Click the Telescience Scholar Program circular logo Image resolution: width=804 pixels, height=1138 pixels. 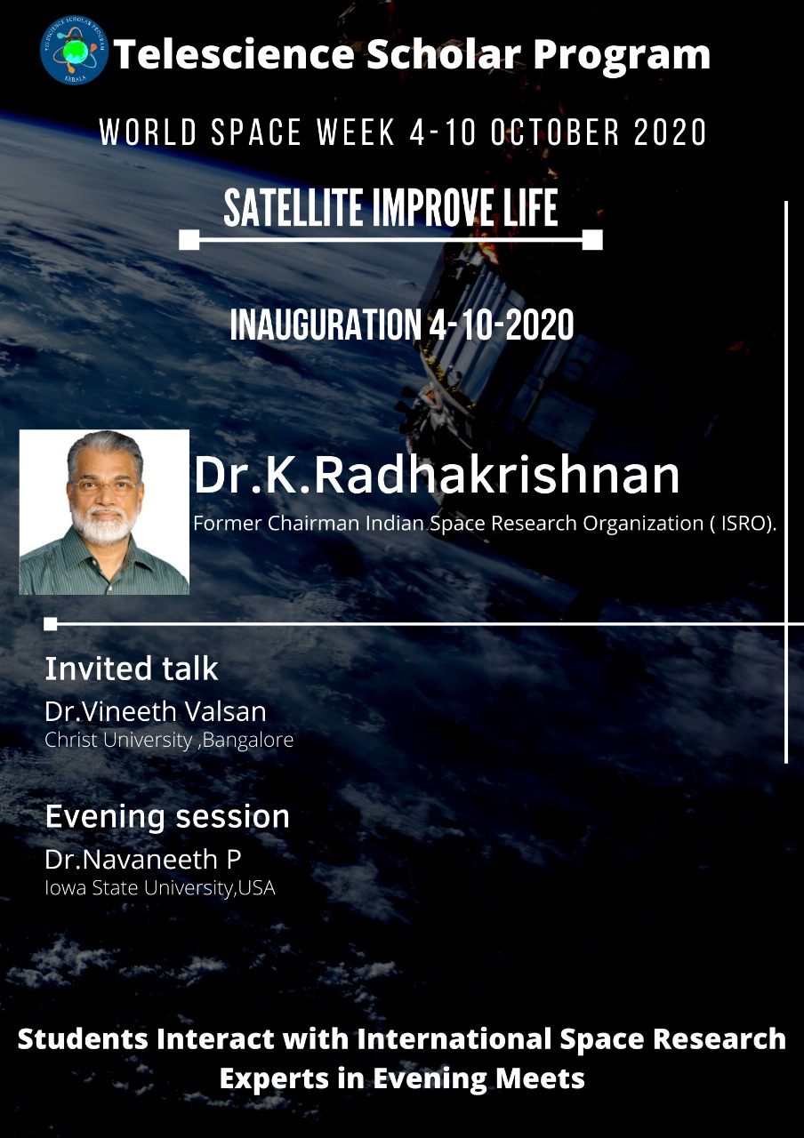click(x=74, y=51)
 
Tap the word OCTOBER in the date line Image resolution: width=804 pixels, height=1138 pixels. click(x=555, y=132)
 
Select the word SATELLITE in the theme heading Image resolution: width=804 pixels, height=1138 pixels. click(x=293, y=207)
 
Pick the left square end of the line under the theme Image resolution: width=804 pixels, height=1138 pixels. click(x=189, y=240)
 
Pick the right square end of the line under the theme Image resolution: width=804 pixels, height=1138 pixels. click(x=592, y=240)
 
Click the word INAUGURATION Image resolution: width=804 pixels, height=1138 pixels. click(x=326, y=325)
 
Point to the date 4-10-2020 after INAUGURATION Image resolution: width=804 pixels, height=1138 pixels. click(x=502, y=325)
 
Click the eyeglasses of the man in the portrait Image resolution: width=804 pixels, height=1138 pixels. click(x=105, y=486)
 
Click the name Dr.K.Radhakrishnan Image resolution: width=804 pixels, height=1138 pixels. click(x=437, y=475)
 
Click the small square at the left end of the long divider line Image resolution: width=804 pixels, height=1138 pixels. click(x=51, y=623)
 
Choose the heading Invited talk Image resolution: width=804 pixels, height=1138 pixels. click(x=132, y=669)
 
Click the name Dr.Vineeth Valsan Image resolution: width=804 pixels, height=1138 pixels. click(x=156, y=711)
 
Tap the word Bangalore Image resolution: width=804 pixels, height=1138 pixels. click(x=248, y=741)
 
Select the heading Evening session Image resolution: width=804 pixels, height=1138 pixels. click(x=167, y=817)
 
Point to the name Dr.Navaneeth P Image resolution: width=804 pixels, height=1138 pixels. click(x=143, y=860)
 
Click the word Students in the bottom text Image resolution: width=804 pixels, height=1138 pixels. click(x=83, y=1039)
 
